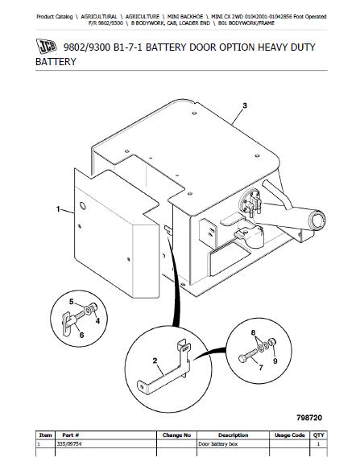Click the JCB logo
click(46, 46)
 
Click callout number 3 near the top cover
click(245, 105)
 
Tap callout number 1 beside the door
click(58, 209)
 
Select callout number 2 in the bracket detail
click(155, 361)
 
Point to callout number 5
click(72, 302)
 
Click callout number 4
click(97, 321)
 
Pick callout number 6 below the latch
click(81, 335)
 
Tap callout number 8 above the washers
click(253, 333)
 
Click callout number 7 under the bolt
click(261, 368)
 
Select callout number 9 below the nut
click(275, 361)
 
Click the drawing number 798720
click(309, 418)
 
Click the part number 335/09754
click(69, 443)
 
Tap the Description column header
click(233, 435)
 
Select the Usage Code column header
click(289, 435)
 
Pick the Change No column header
click(176, 435)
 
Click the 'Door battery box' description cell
click(217, 443)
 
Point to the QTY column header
click(319, 435)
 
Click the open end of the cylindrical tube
click(318, 219)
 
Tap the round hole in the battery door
click(82, 206)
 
